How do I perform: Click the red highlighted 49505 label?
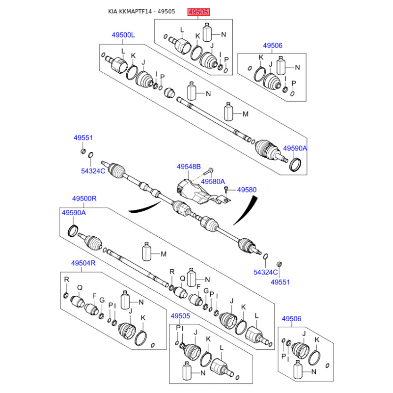coord(198,12)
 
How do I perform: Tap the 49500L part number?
coord(123,35)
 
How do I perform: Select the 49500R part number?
coord(84,198)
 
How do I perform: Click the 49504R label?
coord(83,263)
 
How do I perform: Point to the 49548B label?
coord(189,167)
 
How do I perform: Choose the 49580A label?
coord(213,181)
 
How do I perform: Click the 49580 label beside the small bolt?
coord(247,190)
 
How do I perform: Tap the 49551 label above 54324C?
coord(83,138)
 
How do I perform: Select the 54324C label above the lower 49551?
coord(265,272)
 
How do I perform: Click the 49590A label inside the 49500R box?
coord(74,213)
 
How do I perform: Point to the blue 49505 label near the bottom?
coord(180,316)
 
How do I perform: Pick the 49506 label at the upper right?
coord(273,45)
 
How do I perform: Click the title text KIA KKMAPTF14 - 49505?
coord(141,11)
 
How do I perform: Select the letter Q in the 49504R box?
coord(80,288)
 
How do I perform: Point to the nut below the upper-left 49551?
coord(83,151)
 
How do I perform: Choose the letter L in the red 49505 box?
coord(182,30)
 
